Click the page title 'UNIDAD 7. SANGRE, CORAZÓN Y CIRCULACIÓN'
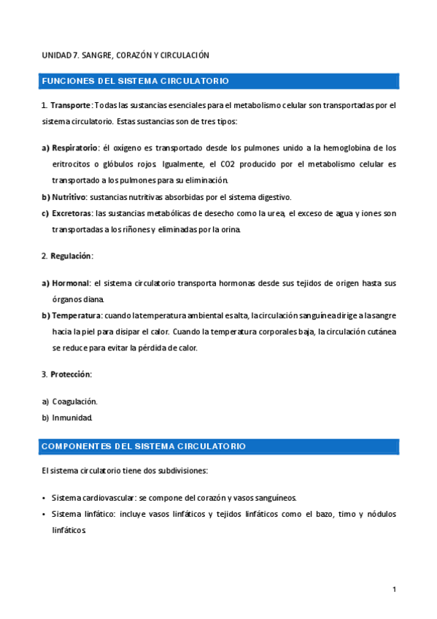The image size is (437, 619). click(125, 55)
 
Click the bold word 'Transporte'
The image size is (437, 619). click(71, 105)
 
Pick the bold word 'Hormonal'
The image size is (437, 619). click(70, 282)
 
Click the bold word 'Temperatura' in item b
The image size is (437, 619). click(76, 315)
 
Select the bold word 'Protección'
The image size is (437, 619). click(70, 374)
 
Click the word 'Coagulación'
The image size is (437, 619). click(74, 401)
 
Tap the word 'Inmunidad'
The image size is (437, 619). click(71, 418)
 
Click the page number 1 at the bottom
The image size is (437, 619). click(394, 589)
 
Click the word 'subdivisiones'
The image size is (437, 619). click(183, 471)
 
